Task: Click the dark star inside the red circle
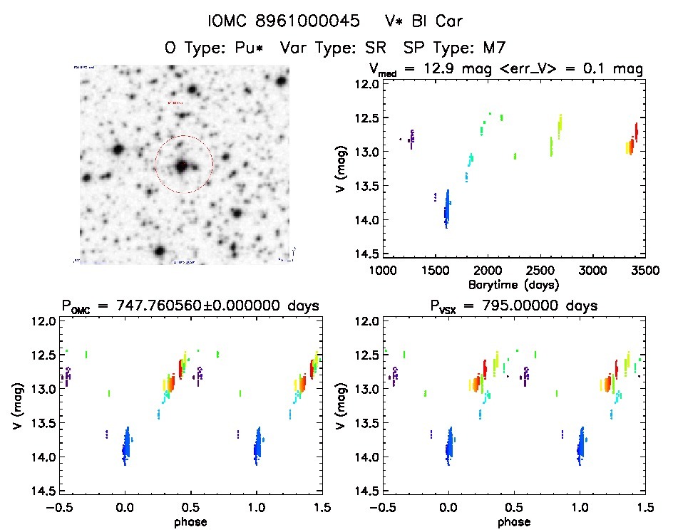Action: [x=183, y=165]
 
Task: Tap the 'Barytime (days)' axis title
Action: [x=513, y=283]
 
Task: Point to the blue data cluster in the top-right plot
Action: [x=447, y=208]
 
